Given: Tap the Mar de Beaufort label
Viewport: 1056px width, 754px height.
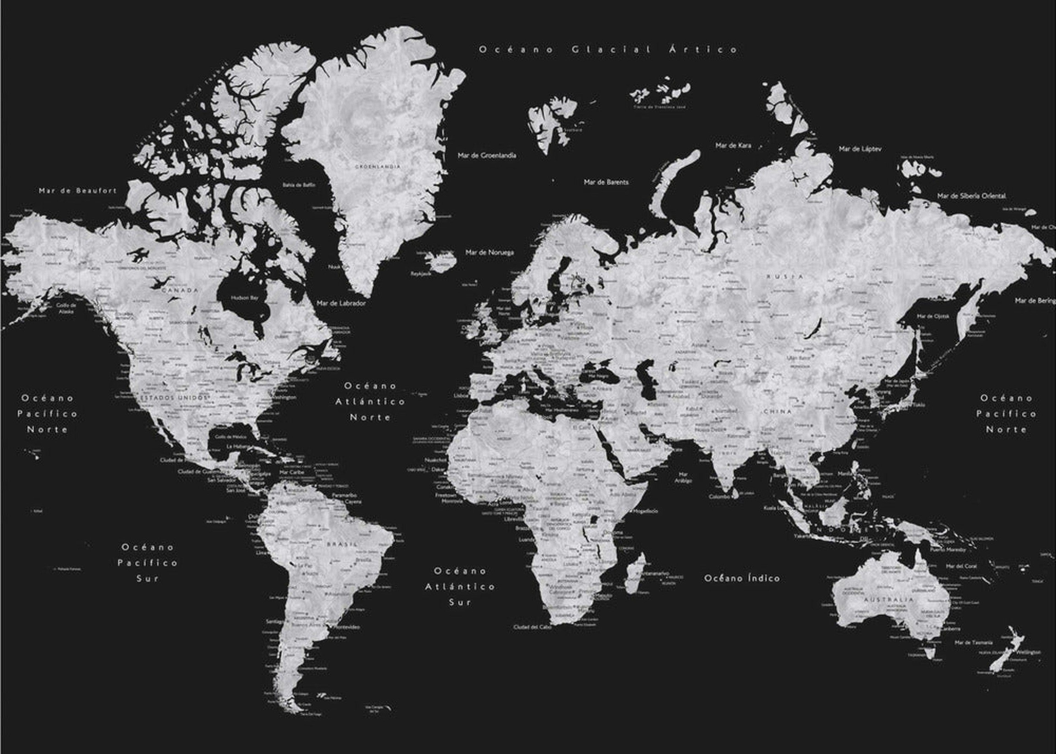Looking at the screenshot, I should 78,190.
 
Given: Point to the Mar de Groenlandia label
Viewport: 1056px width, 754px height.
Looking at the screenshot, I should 486,155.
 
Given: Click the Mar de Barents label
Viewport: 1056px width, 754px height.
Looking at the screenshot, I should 606,182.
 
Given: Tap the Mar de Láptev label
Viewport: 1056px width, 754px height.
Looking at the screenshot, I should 860,149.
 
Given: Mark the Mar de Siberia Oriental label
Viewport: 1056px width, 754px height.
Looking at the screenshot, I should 971,196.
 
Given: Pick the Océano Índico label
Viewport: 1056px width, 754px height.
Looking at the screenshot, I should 742,578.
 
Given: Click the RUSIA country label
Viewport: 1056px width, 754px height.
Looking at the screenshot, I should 785,277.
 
